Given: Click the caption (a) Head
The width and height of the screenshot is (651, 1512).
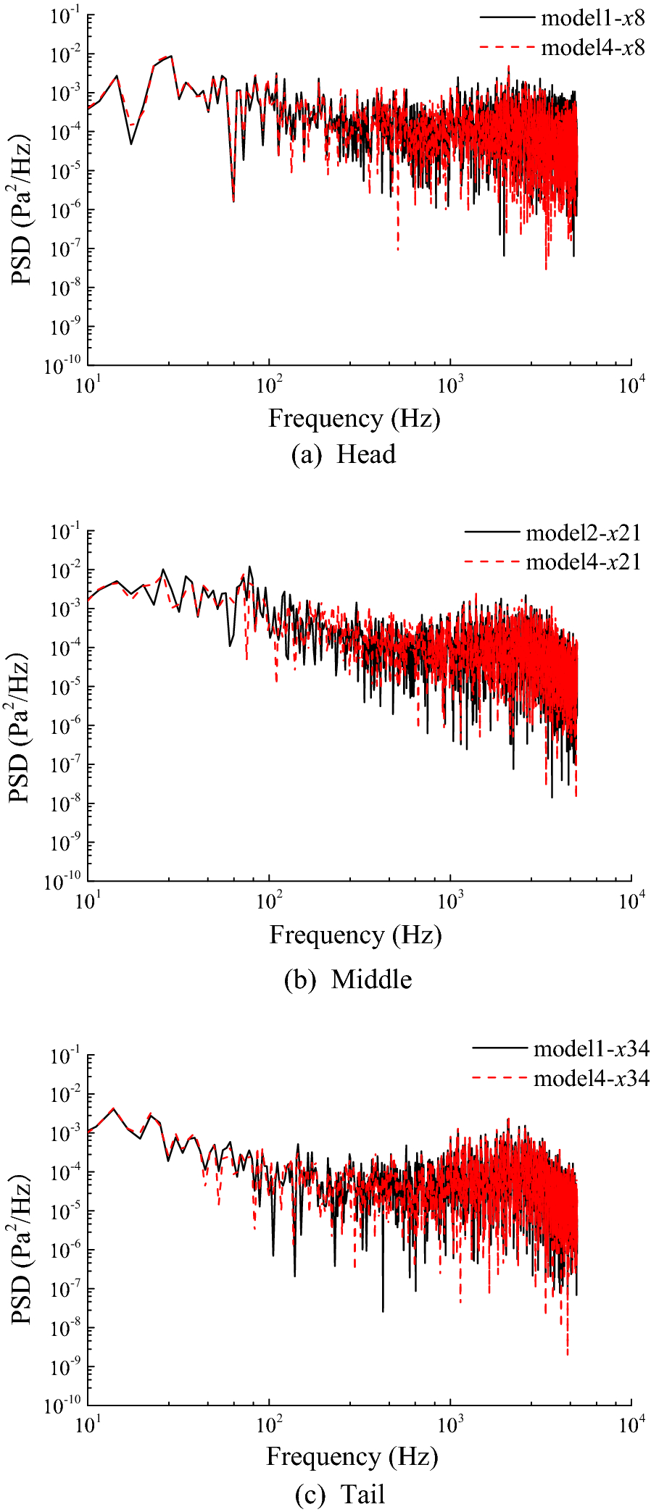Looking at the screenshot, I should [344, 454].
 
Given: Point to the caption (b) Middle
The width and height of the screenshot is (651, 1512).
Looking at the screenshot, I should [349, 979].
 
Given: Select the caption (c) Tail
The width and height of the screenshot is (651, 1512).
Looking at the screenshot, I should [341, 1494].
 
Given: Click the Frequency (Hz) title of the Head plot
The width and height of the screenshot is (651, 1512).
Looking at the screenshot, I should [354, 418].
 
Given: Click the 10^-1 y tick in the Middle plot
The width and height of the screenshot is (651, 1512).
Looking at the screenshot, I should [66, 532].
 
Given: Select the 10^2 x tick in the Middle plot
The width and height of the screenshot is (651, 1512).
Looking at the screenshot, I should [270, 901].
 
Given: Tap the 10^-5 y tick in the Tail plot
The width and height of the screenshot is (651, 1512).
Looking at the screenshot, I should [66, 1212].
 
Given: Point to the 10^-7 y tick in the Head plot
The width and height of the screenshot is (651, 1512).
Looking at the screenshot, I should [66, 249].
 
